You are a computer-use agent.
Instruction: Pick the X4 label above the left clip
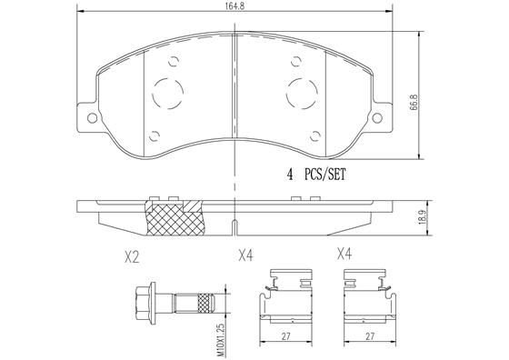click(x=245, y=257)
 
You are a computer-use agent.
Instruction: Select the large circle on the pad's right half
click(x=303, y=91)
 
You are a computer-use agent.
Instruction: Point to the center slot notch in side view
click(x=235, y=223)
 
